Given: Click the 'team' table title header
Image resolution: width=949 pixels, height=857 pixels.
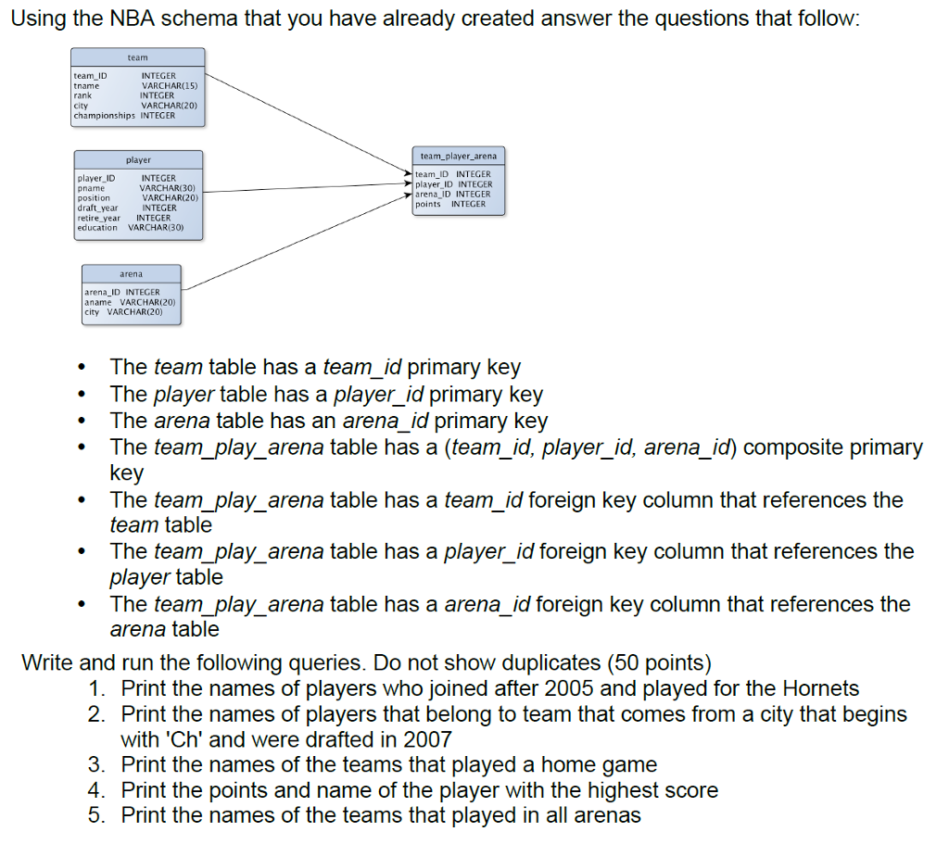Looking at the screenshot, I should [x=137, y=57].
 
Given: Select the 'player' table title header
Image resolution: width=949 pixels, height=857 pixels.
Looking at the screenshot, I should [x=138, y=160].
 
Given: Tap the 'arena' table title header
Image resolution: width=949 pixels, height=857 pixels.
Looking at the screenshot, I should [x=131, y=274].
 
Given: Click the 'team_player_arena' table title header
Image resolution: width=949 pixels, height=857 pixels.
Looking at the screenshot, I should [x=459, y=157].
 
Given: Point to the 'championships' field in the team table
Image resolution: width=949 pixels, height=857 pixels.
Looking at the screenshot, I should [x=104, y=116].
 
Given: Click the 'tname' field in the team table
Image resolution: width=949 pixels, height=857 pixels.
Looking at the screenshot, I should [x=86, y=85].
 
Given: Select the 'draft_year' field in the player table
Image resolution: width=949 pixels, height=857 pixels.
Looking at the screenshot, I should [x=97, y=208].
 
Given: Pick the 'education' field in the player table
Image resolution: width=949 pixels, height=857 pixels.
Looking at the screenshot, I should [x=97, y=227].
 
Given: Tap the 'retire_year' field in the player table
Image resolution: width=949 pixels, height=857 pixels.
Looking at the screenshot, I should [x=98, y=218].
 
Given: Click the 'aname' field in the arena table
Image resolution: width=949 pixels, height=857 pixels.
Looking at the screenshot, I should [x=97, y=302].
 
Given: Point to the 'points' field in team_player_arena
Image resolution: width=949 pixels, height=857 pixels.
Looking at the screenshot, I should [x=428, y=204].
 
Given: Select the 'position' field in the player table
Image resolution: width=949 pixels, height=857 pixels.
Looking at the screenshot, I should [x=94, y=197].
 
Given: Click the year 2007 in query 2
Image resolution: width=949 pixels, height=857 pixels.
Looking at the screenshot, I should [x=426, y=739].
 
